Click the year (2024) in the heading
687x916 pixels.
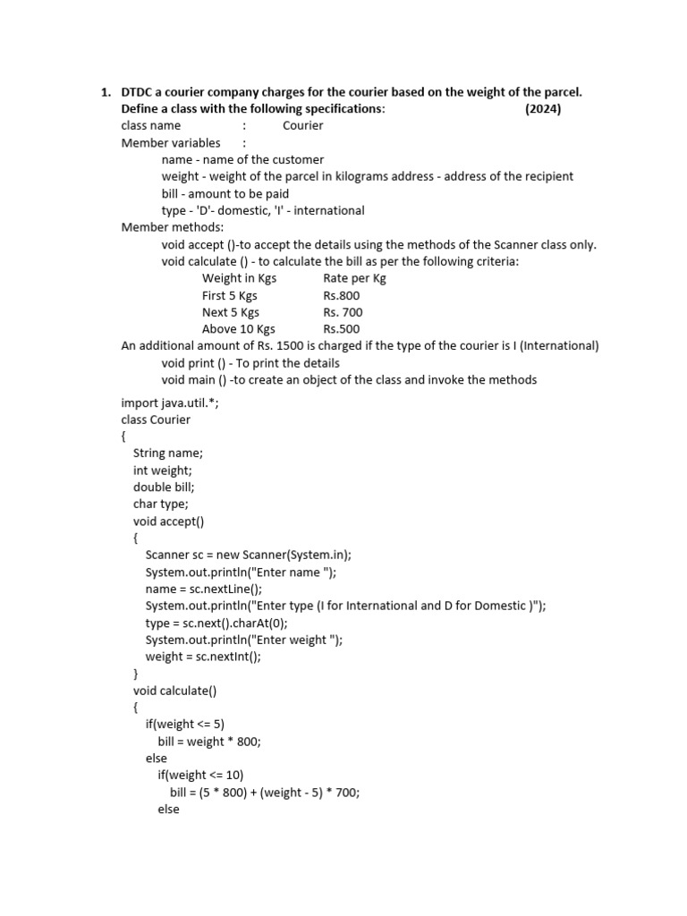tap(543, 108)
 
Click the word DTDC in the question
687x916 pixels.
tap(139, 92)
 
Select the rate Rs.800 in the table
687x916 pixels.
tap(342, 295)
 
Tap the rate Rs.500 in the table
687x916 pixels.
tap(342, 329)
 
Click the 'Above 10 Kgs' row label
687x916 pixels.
tap(238, 329)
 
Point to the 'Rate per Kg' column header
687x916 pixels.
tap(354, 278)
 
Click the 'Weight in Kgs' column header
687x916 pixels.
tap(239, 278)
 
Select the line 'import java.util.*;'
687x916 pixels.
tap(170, 403)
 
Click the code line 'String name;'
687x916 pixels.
tap(168, 453)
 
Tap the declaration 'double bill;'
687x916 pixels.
tap(164, 487)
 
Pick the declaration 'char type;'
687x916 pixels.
tap(161, 504)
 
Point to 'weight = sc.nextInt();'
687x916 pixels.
tap(203, 656)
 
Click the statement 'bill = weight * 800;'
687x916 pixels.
tap(209, 741)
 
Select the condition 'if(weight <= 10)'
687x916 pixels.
tap(200, 775)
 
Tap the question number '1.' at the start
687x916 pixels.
tap(105, 92)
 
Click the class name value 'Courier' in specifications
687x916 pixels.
tap(302, 125)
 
